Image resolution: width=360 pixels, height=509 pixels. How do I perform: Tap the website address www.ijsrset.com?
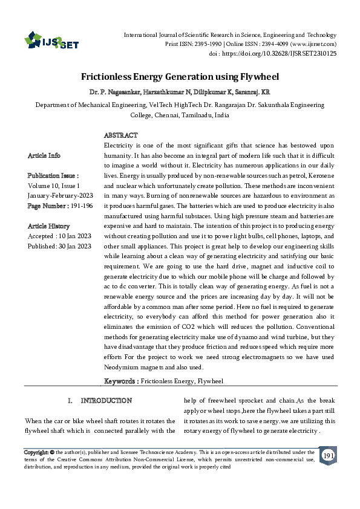(314, 44)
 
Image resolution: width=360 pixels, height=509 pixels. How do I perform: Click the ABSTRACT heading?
(121, 135)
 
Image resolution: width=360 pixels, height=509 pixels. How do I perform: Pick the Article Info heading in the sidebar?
(44, 156)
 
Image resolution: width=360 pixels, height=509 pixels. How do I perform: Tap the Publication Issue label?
(53, 176)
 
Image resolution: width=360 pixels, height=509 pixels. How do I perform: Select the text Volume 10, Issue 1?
(54, 186)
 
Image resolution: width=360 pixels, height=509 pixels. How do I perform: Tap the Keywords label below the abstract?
(122, 381)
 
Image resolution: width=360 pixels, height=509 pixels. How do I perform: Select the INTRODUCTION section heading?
(106, 401)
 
